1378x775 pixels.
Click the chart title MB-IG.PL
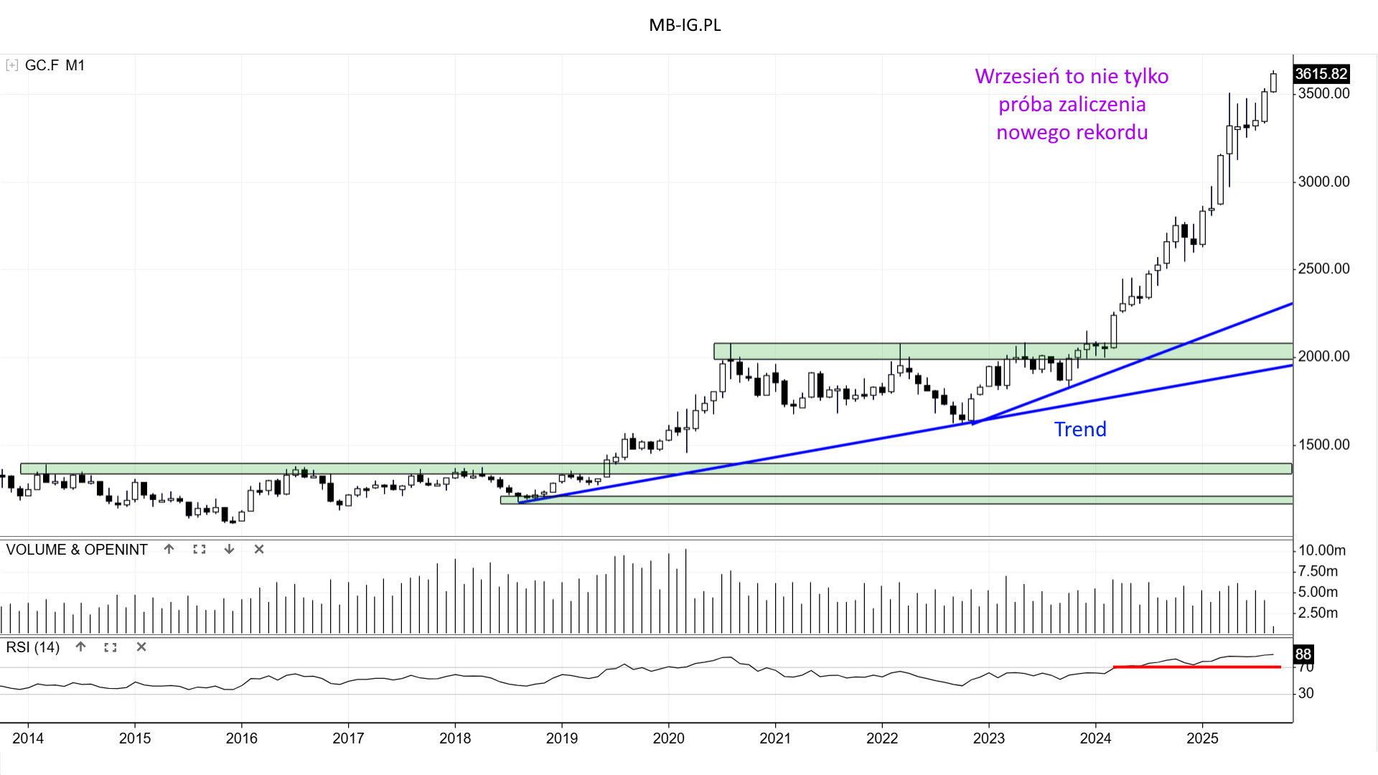[x=685, y=25]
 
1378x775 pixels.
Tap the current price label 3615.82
[x=1321, y=74]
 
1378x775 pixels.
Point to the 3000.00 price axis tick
[x=1323, y=182]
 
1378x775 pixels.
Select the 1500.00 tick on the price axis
[x=1323, y=444]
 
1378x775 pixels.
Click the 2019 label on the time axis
[x=561, y=738]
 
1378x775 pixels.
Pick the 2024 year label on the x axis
[x=1095, y=738]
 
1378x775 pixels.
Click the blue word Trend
[x=1080, y=429]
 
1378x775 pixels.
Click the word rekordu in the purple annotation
[x=1112, y=132]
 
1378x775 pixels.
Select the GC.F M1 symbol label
[x=55, y=65]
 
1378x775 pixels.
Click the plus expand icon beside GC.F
[x=11, y=65]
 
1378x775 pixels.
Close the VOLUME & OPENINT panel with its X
[x=259, y=549]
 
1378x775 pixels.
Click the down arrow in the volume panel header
[x=229, y=549]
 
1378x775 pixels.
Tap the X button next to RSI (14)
[x=141, y=647]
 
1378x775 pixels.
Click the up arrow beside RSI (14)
[x=80, y=647]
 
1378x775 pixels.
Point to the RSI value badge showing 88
[x=1303, y=654]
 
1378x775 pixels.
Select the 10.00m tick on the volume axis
[x=1322, y=550]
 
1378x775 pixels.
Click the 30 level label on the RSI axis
[x=1306, y=693]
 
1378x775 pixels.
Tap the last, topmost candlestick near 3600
[x=1273, y=82]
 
